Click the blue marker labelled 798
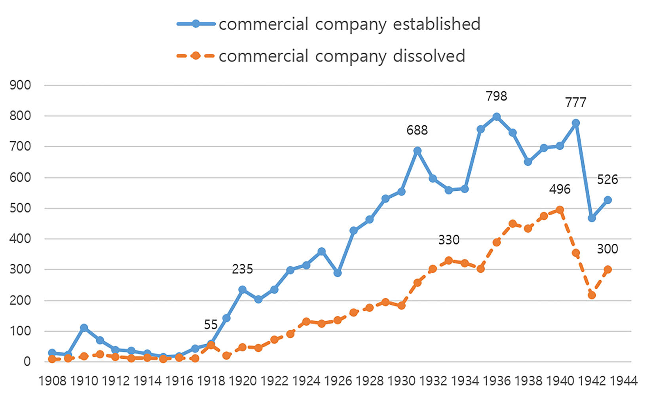496,117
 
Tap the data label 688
417,130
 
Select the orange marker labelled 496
560,210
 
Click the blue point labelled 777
576,123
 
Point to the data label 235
242,269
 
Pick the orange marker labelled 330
449,260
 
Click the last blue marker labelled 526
607,200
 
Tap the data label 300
607,249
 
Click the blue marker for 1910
84,328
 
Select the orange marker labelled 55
211,345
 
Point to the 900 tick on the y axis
20,85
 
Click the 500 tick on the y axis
20,208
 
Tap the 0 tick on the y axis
27,362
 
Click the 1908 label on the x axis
52,381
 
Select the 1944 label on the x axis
623,381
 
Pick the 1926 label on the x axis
338,381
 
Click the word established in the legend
437,24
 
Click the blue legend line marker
196,24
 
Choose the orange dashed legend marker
196,56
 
